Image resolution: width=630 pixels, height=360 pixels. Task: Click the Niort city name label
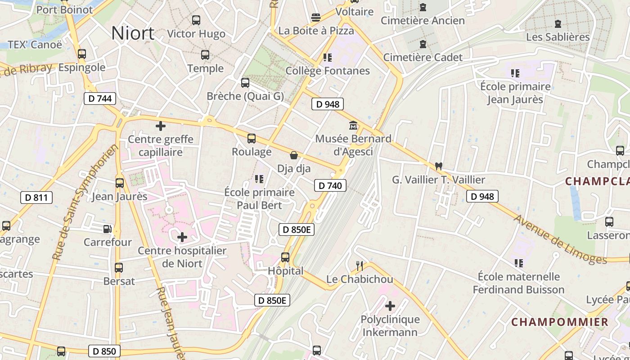[133, 33]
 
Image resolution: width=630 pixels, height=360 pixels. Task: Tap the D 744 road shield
[100, 99]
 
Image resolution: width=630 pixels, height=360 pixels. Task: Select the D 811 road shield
[36, 197]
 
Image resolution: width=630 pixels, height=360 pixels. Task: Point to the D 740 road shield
[330, 185]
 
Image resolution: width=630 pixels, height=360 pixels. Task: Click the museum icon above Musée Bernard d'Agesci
[353, 125]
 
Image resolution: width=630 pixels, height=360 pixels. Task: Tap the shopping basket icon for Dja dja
[294, 156]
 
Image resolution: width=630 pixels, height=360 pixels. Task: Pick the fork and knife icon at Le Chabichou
[359, 266]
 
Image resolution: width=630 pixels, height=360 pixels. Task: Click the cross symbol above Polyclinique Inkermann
[390, 306]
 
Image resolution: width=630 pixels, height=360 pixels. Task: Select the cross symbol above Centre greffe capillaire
[160, 126]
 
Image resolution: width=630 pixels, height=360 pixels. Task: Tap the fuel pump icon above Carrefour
[108, 229]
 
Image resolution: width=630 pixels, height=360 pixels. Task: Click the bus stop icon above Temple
[205, 55]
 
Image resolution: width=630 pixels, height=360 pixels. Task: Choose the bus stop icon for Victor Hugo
[196, 20]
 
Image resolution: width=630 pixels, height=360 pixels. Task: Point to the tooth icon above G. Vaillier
[438, 166]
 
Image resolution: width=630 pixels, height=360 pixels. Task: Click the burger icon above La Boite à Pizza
[316, 18]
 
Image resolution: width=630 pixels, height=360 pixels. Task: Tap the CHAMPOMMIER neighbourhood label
[560, 322]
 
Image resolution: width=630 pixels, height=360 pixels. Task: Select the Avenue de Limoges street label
[560, 240]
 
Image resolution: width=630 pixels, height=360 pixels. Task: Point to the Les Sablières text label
[558, 37]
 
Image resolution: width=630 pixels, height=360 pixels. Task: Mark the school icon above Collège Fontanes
[328, 58]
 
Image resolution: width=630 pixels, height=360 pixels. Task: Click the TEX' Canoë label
[35, 45]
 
